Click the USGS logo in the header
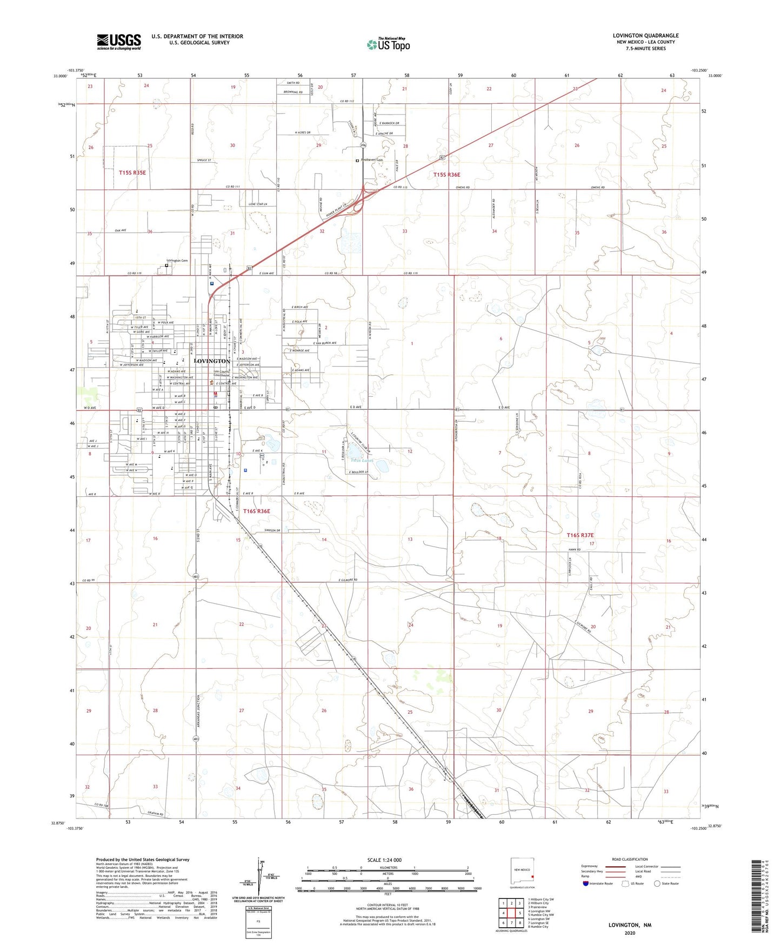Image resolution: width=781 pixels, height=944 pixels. pyautogui.click(x=119, y=41)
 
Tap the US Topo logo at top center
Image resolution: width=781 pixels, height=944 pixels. pyautogui.click(x=388, y=44)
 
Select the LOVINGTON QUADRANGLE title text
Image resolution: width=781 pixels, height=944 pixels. pyautogui.click(x=645, y=36)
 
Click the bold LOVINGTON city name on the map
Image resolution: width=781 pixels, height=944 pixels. pyautogui.click(x=211, y=361)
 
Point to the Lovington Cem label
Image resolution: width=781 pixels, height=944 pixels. pyautogui.click(x=177, y=261)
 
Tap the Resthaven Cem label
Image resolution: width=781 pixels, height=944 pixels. pyautogui.click(x=372, y=160)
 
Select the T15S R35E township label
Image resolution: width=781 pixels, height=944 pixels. pyautogui.click(x=132, y=172)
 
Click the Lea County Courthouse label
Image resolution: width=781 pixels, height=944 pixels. pyautogui.click(x=222, y=374)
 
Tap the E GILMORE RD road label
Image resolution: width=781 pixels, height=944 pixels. pyautogui.click(x=348, y=580)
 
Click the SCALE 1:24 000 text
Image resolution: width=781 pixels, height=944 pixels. pyautogui.click(x=384, y=860)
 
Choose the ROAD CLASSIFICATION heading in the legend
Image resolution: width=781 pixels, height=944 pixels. pyautogui.click(x=630, y=859)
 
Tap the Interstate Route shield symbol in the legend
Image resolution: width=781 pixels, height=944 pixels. pyautogui.click(x=586, y=883)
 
